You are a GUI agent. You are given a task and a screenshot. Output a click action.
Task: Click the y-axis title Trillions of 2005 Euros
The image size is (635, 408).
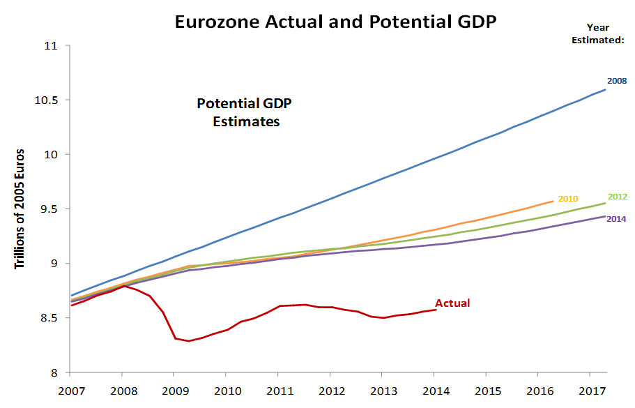20,209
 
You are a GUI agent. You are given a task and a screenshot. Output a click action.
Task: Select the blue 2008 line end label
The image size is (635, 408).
616,81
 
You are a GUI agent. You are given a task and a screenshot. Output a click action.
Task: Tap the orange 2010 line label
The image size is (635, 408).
569,199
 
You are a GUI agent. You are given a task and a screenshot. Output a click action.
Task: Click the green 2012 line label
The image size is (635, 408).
618,197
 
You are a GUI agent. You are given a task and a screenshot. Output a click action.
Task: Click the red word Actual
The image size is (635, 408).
452,303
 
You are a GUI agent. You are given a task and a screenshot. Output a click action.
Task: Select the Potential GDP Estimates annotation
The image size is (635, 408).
244,112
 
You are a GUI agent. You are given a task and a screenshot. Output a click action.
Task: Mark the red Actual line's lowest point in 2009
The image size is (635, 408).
188,341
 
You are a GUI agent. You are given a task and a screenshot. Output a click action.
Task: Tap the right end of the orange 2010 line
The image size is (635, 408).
553,201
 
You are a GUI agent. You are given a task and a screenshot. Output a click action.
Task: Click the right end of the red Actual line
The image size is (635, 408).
436,309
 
